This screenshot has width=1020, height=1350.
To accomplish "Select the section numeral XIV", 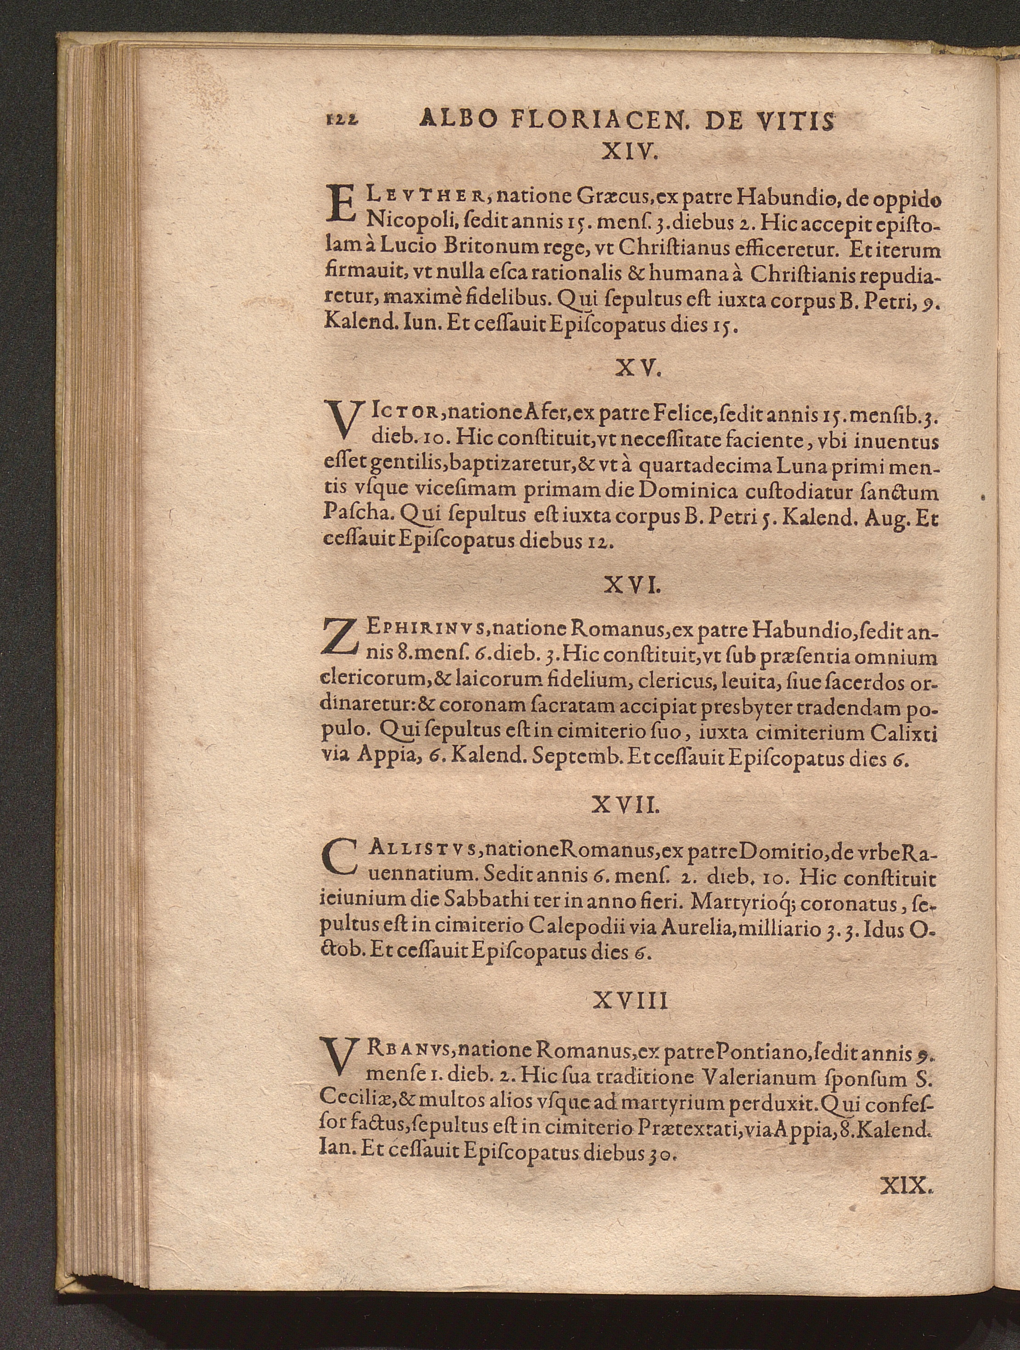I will [628, 152].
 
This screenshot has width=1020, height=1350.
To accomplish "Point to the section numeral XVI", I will [631, 586].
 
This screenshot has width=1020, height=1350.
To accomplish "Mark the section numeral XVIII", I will [630, 1000].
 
